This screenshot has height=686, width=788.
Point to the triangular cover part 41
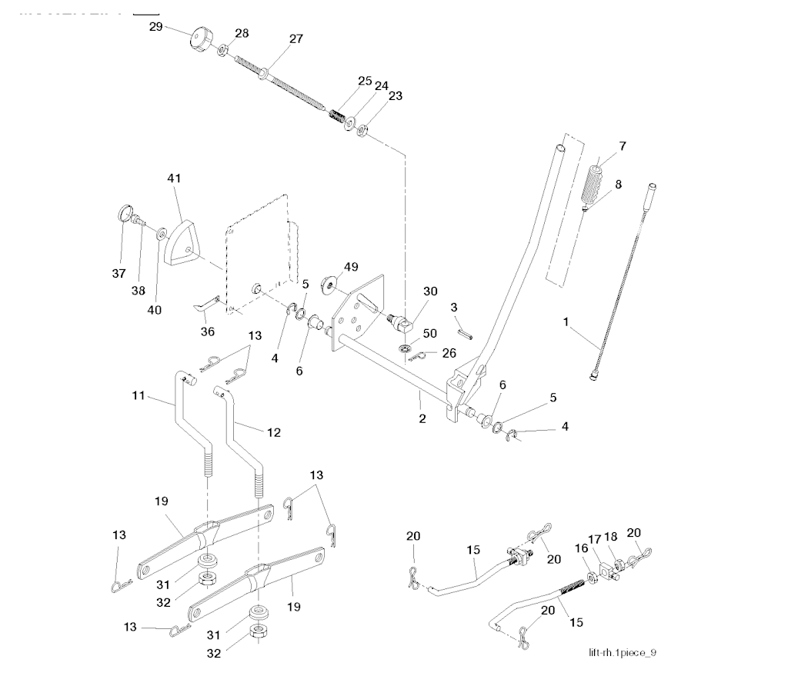point(183,240)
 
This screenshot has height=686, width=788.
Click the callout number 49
point(351,267)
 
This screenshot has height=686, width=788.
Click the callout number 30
point(429,291)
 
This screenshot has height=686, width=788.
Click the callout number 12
point(272,433)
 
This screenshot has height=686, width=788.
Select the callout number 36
point(207,331)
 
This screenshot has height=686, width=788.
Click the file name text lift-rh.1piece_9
point(622,653)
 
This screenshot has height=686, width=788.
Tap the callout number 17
point(595,538)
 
